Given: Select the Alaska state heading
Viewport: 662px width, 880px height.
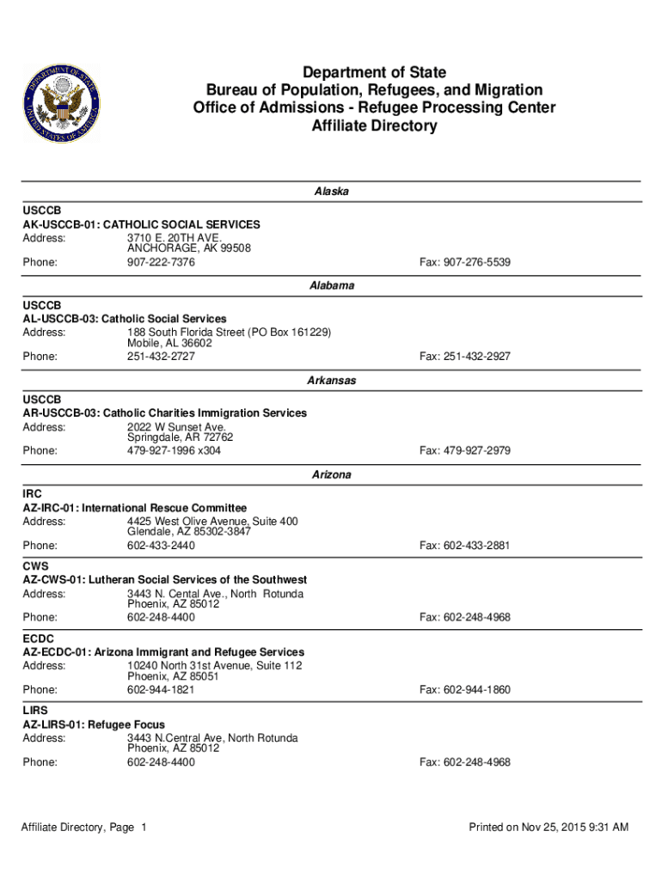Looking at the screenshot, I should [x=331, y=192].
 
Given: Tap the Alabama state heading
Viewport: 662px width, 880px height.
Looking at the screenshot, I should [x=331, y=286].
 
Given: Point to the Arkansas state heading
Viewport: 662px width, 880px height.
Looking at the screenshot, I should [x=331, y=380].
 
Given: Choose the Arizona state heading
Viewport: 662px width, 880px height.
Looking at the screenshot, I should [x=331, y=474].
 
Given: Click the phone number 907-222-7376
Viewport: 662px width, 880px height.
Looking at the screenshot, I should [x=161, y=262].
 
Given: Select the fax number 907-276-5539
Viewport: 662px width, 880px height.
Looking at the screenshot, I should [x=464, y=262].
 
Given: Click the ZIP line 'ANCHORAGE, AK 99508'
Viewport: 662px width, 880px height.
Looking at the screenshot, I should [x=189, y=249].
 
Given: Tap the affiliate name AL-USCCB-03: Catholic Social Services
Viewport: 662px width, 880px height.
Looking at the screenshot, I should [x=125, y=319].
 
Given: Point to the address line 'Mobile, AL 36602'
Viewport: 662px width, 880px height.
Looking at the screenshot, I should [x=169, y=344].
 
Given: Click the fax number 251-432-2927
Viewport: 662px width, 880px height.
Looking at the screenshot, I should [x=464, y=357].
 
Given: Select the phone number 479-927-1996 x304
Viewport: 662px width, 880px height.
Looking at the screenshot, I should [x=174, y=451].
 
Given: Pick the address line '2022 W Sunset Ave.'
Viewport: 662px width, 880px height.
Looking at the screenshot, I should [x=176, y=427].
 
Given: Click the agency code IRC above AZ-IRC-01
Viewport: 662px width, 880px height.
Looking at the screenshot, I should [x=33, y=494].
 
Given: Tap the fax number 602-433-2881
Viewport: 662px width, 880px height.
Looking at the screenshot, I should [x=464, y=546].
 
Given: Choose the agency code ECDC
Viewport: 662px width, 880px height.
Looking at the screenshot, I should [x=40, y=639].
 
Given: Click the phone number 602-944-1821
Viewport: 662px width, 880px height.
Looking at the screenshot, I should [x=161, y=690].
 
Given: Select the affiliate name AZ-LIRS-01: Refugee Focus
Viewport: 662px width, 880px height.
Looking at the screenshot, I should [x=94, y=724].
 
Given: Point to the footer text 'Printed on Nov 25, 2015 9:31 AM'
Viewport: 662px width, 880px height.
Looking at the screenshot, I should [x=549, y=828].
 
